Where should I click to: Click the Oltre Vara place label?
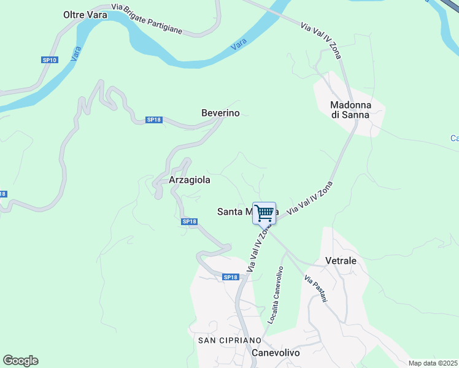click(85, 14)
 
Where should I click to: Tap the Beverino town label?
click(220, 113)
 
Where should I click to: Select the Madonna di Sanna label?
click(350, 109)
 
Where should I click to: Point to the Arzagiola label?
click(190, 180)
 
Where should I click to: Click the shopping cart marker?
click(264, 213)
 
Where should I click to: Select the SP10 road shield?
click(50, 59)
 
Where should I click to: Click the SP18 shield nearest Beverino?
click(153, 120)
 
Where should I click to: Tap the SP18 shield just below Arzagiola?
click(189, 221)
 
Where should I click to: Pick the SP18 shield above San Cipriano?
click(230, 277)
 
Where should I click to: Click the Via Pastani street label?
click(316, 288)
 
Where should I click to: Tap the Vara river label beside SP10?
click(76, 54)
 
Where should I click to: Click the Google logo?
click(20, 361)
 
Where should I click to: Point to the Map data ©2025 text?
click(432, 362)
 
